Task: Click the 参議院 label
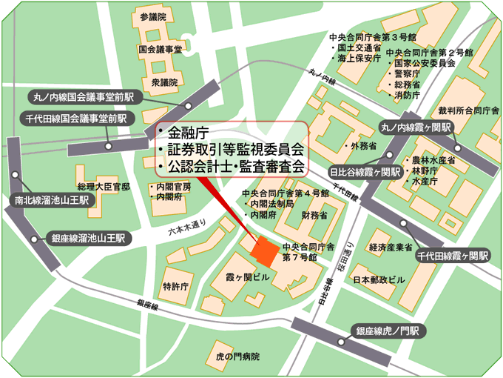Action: [x=154, y=16]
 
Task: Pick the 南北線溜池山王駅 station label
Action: [x=51, y=199]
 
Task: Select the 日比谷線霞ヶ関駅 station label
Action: [x=365, y=172]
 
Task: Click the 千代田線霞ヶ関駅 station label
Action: [x=453, y=256]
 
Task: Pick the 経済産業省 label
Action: [x=390, y=247]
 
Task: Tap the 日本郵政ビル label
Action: [x=379, y=280]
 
